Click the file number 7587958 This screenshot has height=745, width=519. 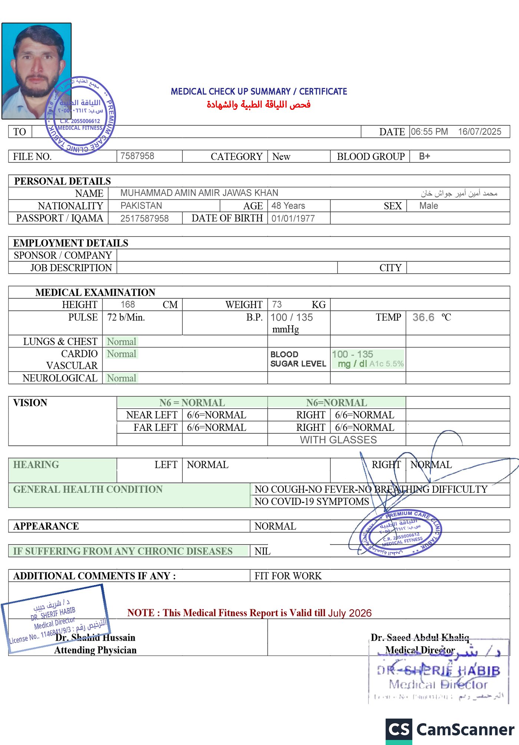pos(137,156)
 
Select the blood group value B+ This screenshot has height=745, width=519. pos(424,156)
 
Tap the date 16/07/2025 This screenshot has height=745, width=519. pos(479,132)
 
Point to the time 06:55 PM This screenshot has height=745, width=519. pos(429,132)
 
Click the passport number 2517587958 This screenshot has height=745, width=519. pos(145,219)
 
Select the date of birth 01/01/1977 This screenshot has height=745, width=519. pos(293,219)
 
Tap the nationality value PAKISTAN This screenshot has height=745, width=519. pos(141,206)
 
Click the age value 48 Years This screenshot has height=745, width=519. pos(288,206)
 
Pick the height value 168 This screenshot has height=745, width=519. pos(128,305)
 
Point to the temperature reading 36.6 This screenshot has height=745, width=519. pos(423,318)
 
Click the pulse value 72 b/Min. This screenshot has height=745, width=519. pos(126,318)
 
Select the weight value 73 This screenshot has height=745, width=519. pos(277,305)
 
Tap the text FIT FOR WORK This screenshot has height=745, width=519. pos(288,576)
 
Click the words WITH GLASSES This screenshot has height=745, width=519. pos(338,440)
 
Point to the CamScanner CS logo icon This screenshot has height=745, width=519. pos(399,730)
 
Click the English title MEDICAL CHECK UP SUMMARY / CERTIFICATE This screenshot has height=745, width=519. pos(259,92)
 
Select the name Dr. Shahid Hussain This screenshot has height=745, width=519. pos(95,638)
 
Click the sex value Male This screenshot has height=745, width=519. pos(429,206)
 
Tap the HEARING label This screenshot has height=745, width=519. pos(36,465)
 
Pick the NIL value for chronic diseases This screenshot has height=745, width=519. pos(262,551)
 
